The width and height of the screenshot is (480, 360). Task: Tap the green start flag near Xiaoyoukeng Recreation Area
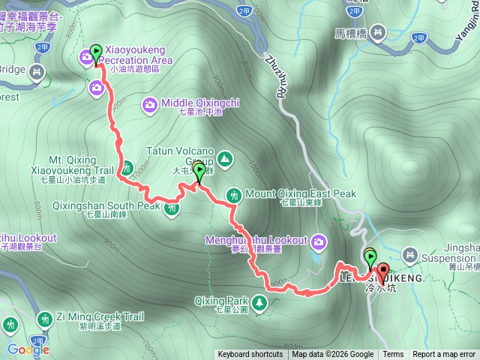(x=95, y=52)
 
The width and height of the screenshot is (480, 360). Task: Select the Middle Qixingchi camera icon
(x=149, y=104)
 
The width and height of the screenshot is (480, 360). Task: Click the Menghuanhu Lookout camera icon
(x=319, y=241)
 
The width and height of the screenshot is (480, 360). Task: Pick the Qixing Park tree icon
(x=259, y=302)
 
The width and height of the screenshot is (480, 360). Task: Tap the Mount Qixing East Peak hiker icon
(x=234, y=194)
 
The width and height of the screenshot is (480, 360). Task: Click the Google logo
(x=28, y=349)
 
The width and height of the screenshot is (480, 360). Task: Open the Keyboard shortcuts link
(x=250, y=355)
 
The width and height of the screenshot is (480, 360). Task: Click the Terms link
(x=393, y=355)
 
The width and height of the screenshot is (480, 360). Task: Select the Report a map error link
(x=445, y=355)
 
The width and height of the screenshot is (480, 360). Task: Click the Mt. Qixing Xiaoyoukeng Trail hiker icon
(x=126, y=166)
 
